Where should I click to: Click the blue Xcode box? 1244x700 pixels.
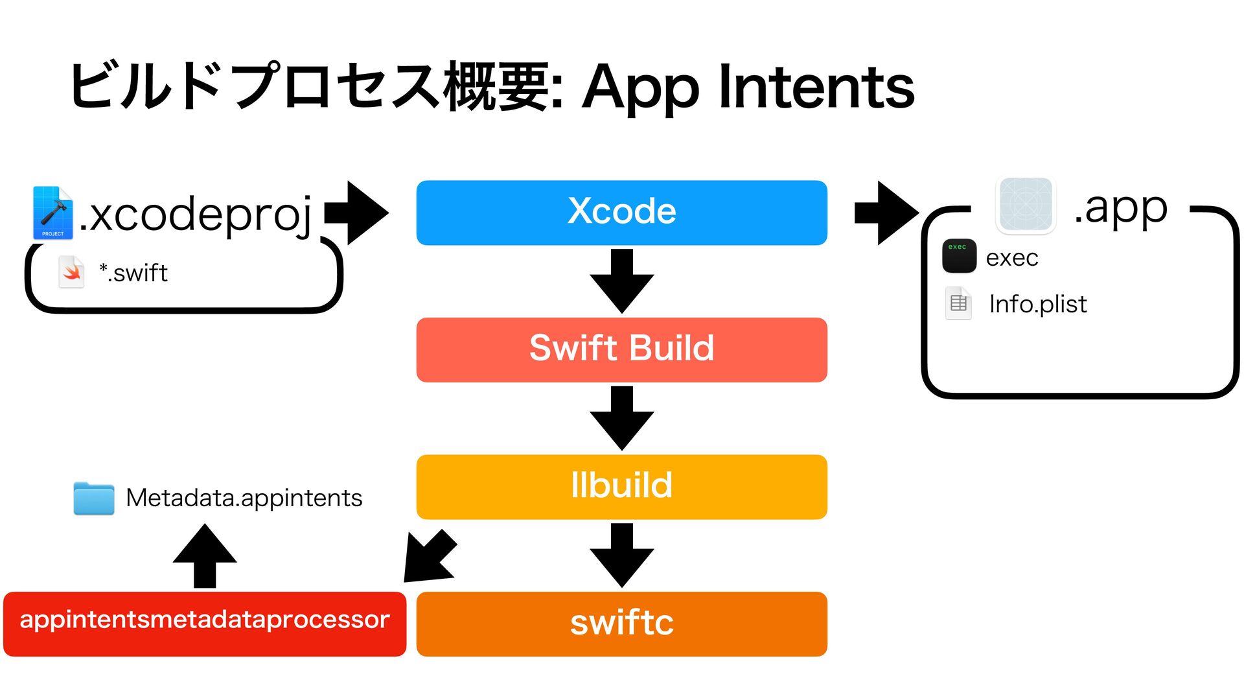pyautogui.click(x=622, y=213)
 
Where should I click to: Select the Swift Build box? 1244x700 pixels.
pyautogui.click(x=622, y=350)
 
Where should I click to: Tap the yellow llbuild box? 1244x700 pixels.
pyautogui.click(x=622, y=487)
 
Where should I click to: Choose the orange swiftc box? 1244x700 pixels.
pyautogui.click(x=622, y=624)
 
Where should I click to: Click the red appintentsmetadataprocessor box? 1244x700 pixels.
pyautogui.click(x=205, y=624)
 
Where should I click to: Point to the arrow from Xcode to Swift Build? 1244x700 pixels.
pyautogui.click(x=622, y=281)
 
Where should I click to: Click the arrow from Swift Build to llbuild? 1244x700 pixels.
pyautogui.click(x=622, y=419)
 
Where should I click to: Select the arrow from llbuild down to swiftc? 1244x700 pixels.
pyautogui.click(x=622, y=555)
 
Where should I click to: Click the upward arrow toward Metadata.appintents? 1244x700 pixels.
pyautogui.click(x=205, y=556)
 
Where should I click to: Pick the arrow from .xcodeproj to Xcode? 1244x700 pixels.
pyautogui.click(x=356, y=213)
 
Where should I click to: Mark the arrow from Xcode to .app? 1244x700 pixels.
pyautogui.click(x=886, y=213)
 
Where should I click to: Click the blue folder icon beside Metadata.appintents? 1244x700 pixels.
pyautogui.click(x=94, y=498)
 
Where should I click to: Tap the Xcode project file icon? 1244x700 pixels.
pyautogui.click(x=53, y=213)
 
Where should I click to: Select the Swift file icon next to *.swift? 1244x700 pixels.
pyautogui.click(x=71, y=272)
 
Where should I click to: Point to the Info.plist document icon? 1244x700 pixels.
pyautogui.click(x=958, y=303)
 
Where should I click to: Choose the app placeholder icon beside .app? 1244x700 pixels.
pyautogui.click(x=1026, y=205)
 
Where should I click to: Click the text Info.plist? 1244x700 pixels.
pyautogui.click(x=1038, y=304)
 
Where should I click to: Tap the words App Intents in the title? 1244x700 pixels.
pyautogui.click(x=748, y=87)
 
